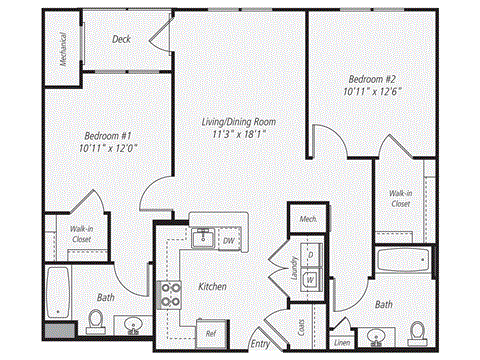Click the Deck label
coord(122,39)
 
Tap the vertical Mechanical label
coord(62,45)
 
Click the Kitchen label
coord(212,287)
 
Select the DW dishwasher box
coord(230,240)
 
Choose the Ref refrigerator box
coord(211,333)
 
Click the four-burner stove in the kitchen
coord(171,294)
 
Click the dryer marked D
coord(311,256)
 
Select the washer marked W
coord(311,279)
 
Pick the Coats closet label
coord(301,327)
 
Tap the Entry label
coord(260,343)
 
